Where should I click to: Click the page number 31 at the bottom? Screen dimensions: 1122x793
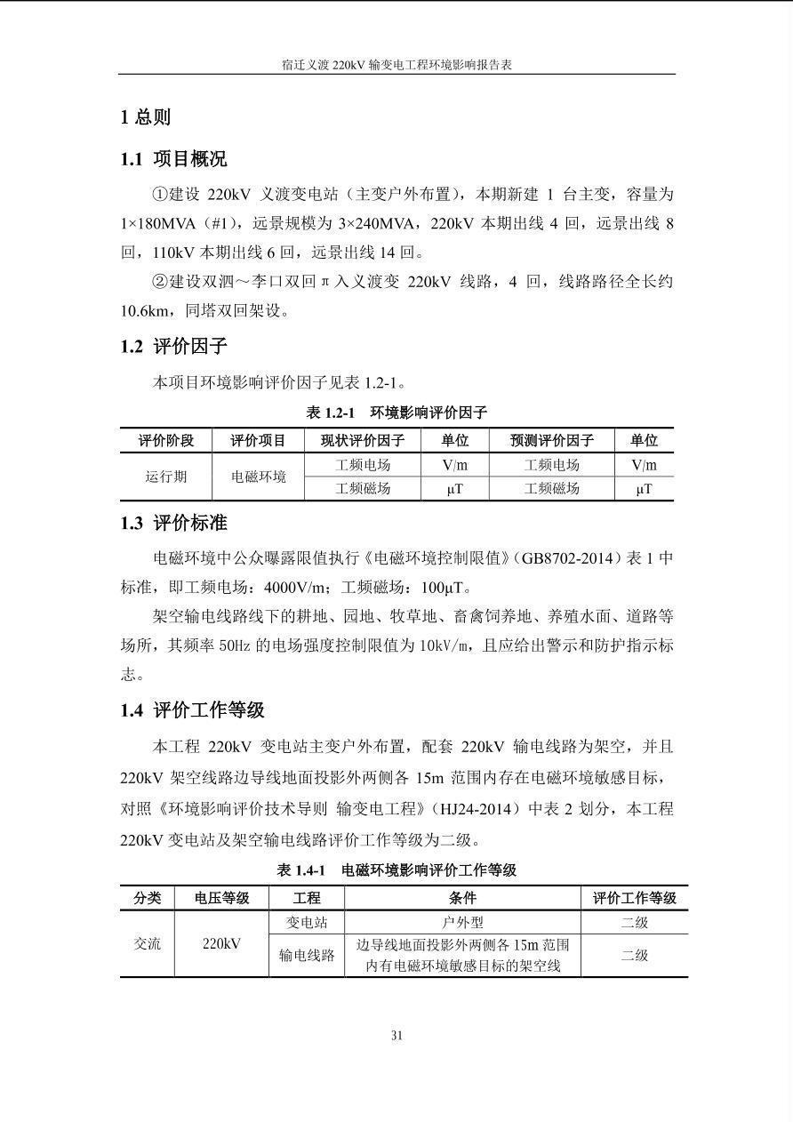coord(396,1035)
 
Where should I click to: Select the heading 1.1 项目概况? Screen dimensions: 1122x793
coord(173,159)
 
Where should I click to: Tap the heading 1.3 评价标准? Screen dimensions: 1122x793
coord(173,524)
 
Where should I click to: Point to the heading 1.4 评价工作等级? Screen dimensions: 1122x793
coord(192,710)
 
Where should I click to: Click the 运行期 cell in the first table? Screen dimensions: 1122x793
coord(166,477)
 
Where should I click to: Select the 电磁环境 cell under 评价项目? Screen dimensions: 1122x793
coord(259,477)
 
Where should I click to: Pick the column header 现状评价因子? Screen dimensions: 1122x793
coord(362,441)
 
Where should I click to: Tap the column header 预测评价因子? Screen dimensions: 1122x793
coord(551,441)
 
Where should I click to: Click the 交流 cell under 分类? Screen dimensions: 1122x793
coord(148,944)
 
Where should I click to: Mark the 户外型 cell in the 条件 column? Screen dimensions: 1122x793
coord(462,923)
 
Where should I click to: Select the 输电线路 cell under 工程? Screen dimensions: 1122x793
coord(307,956)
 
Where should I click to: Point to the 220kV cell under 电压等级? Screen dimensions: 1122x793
coord(221,944)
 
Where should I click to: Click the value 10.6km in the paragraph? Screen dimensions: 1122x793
coord(143,311)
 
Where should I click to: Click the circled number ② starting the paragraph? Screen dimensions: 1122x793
coord(160,282)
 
